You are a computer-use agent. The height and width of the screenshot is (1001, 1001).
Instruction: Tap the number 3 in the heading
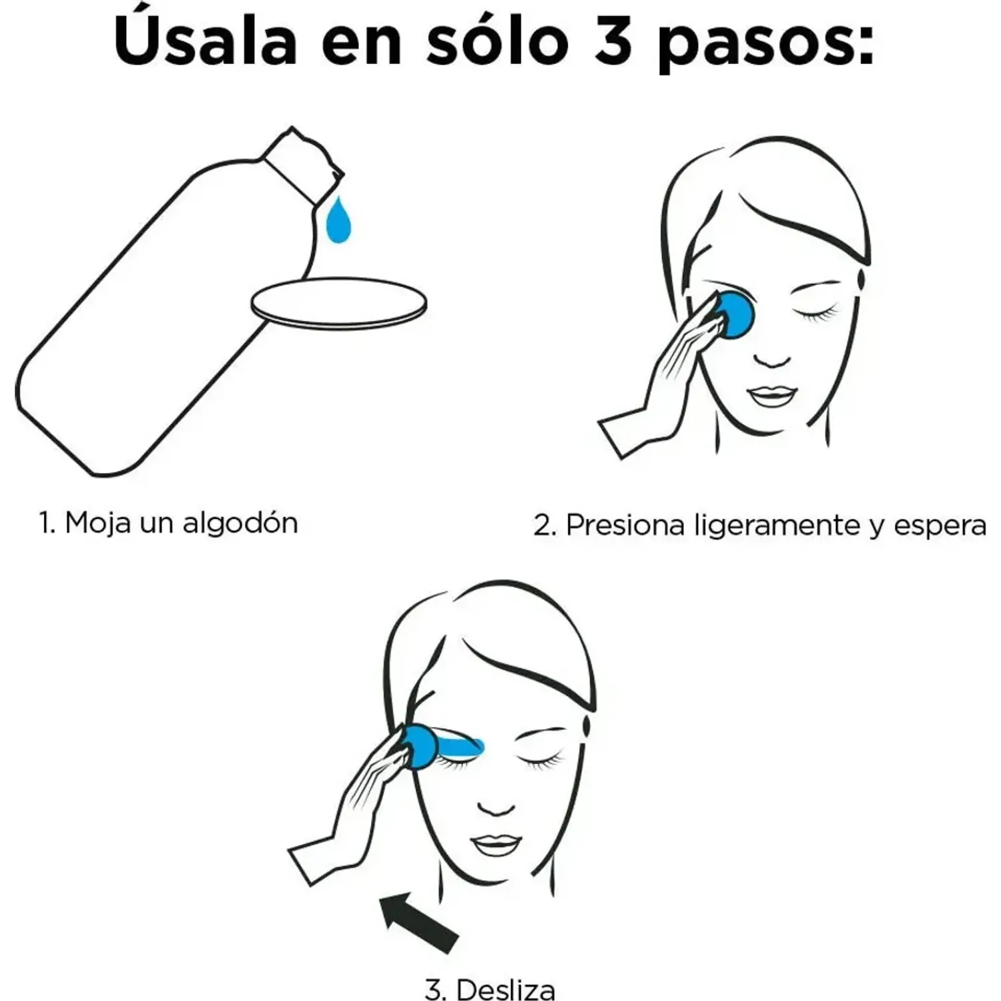click(613, 41)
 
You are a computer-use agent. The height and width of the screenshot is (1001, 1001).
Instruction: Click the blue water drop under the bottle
click(338, 220)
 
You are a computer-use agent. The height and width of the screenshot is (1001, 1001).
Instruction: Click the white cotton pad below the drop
click(338, 303)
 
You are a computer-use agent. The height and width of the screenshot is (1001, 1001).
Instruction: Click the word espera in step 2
click(940, 527)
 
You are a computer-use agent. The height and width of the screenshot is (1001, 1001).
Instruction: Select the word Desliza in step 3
click(506, 989)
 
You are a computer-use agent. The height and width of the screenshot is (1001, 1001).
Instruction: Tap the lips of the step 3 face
click(494, 845)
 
